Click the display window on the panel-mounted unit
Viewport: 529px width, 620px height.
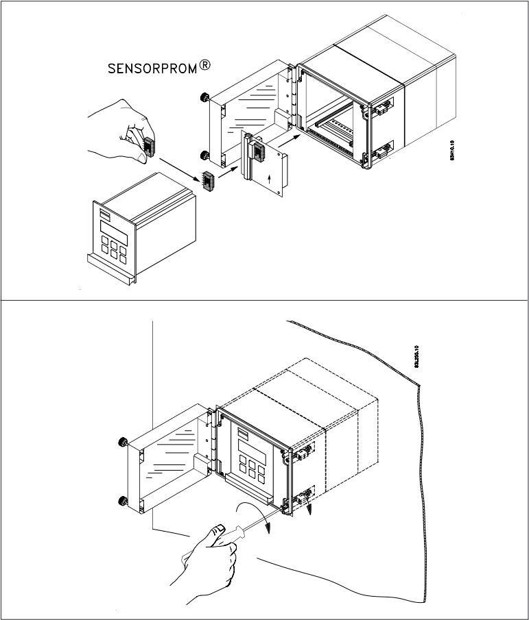[248, 444]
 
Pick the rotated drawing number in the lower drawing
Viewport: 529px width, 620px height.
[416, 356]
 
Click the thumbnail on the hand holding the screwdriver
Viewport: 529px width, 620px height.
[220, 528]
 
